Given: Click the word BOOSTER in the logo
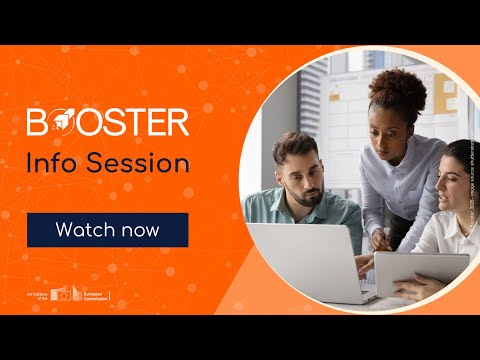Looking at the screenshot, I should coord(108,122).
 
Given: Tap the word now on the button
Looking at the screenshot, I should coord(139,230).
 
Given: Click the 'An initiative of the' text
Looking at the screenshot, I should coord(39,295).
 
